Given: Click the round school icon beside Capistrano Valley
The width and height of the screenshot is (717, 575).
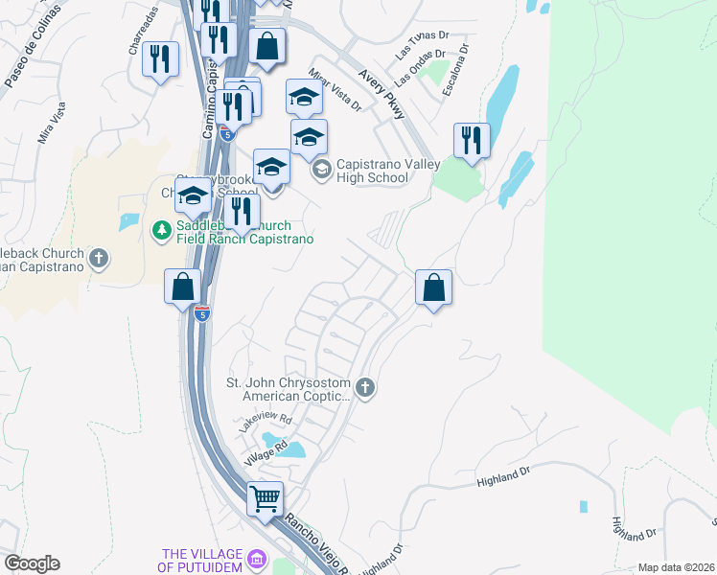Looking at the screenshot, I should tap(321, 171).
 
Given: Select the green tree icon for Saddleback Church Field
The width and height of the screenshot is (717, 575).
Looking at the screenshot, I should tap(161, 230).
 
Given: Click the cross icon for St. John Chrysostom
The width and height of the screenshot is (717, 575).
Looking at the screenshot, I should tap(364, 388).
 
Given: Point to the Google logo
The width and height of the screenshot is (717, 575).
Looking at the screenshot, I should tap(32, 563).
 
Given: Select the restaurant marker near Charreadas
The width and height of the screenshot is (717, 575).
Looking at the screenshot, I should tap(161, 60).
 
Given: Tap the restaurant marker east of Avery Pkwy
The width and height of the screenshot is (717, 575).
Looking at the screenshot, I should tap(472, 141).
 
